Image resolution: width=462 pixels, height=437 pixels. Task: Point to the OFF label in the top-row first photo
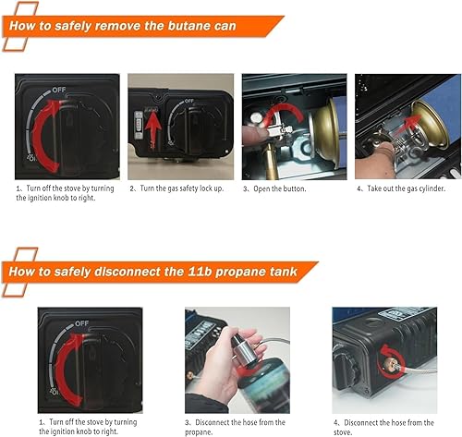(58, 90)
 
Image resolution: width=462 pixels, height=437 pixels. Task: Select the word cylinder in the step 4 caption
(429, 188)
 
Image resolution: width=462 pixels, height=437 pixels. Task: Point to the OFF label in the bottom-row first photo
(81, 323)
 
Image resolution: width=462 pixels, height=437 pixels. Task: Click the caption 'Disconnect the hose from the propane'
(237, 426)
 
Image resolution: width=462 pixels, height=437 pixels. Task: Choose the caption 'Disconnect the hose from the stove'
(383, 426)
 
